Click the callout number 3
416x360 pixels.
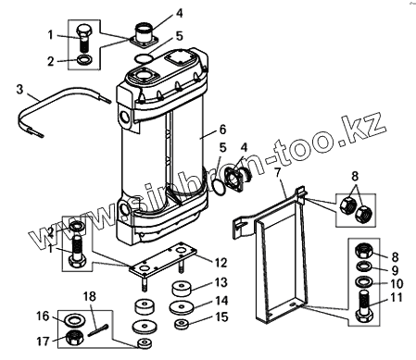[x=19, y=90]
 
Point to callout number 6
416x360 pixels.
[x=222, y=130]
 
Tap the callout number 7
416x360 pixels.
[x=278, y=172]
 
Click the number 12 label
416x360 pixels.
[x=221, y=263]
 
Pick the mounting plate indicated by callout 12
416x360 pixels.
[x=163, y=257]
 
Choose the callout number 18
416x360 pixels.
[x=90, y=296]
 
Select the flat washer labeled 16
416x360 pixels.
[x=73, y=320]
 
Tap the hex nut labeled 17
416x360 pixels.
[x=75, y=337]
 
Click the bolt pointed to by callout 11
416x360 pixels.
[x=364, y=307]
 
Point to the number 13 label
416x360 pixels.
[x=221, y=282]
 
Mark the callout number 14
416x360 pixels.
[x=221, y=301]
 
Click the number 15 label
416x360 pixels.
[x=221, y=317]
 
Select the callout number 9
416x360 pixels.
[x=395, y=270]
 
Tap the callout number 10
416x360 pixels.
[x=397, y=283]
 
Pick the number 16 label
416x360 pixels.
[x=43, y=317]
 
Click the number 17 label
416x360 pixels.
[x=43, y=341]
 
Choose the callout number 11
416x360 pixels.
[x=397, y=298]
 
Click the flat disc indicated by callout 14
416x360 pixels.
[x=182, y=307]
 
